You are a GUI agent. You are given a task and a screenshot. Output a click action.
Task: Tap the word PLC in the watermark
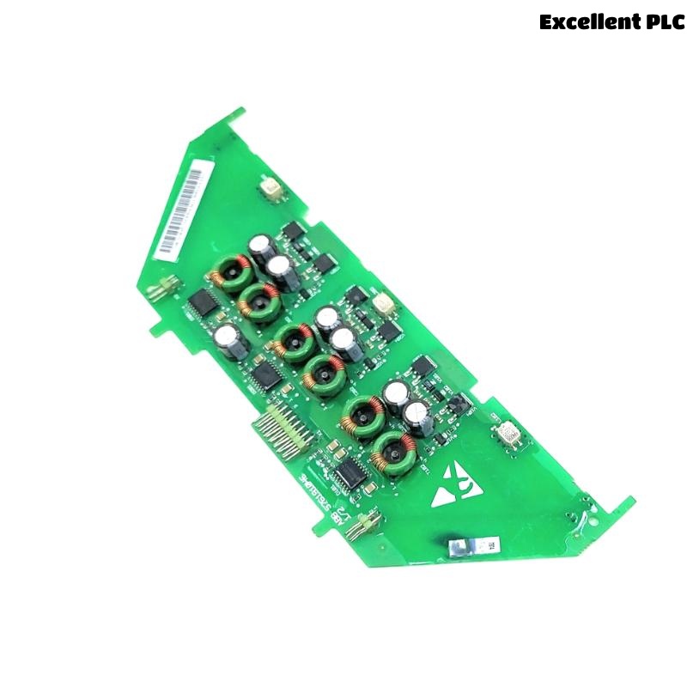click(664, 22)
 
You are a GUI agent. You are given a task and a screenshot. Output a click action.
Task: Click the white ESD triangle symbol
click(453, 487)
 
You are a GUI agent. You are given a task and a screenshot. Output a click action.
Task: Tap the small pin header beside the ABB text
click(362, 525)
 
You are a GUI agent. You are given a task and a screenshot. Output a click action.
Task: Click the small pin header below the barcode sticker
click(160, 289)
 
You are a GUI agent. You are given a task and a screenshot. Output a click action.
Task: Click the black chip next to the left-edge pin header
click(203, 301)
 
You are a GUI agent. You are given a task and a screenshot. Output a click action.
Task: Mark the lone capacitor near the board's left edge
click(230, 341)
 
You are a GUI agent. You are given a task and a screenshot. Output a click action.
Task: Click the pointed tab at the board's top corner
click(236, 116)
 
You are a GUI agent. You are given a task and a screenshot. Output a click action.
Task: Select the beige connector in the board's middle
click(381, 303)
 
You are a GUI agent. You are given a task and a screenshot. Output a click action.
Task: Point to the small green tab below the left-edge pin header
click(157, 327)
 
